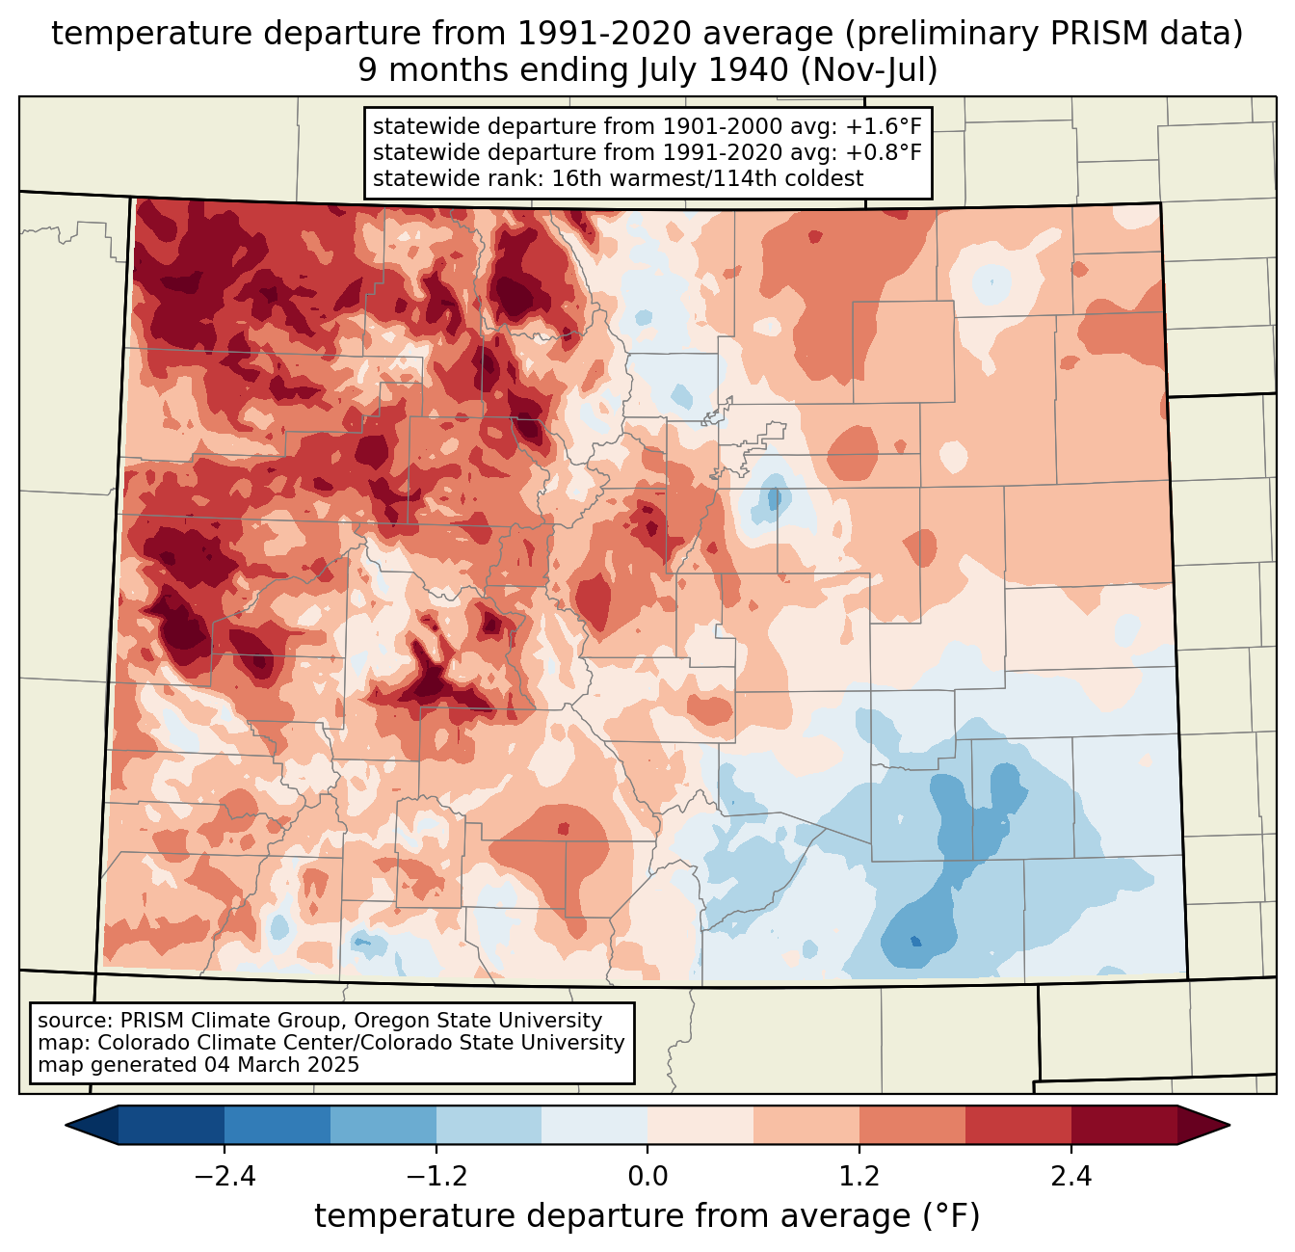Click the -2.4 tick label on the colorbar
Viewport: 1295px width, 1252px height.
click(225, 1177)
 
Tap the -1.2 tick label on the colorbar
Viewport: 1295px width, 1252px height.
click(436, 1177)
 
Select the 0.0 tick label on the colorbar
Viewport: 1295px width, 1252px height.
click(647, 1177)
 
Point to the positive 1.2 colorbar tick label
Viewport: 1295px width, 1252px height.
click(859, 1177)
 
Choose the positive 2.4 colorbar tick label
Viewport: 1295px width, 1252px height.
click(1070, 1177)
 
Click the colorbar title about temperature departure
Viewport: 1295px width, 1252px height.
click(647, 1216)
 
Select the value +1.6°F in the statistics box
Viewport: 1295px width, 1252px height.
click(884, 127)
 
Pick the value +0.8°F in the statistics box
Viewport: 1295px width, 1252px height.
click(884, 152)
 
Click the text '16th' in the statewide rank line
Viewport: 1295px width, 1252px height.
click(573, 178)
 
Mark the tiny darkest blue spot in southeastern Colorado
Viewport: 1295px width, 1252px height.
click(915, 941)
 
